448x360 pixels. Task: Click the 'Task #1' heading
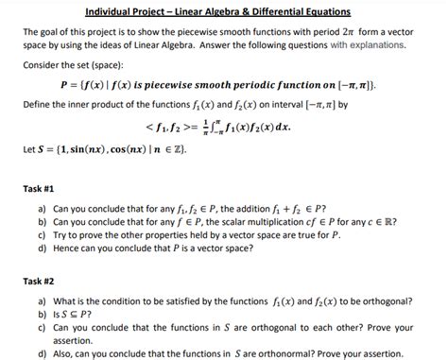[x=40, y=187]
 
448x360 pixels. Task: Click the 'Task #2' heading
[x=40, y=281]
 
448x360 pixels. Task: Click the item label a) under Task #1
[x=42, y=208]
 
